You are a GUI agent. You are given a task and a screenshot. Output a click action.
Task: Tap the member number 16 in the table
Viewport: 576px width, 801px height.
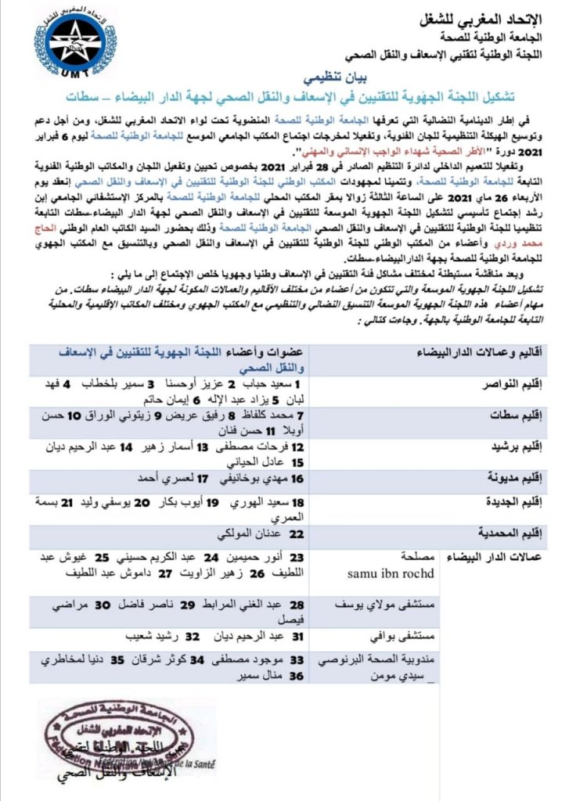point(297,478)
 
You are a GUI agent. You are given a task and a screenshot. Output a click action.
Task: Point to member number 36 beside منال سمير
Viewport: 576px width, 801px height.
point(297,675)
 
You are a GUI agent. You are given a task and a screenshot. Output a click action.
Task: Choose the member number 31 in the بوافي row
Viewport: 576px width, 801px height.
point(297,638)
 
